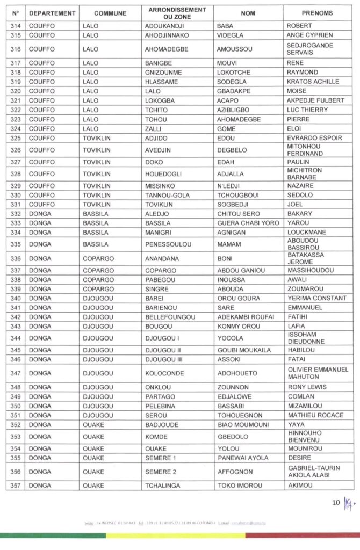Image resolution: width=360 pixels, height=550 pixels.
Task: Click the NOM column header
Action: (248, 13)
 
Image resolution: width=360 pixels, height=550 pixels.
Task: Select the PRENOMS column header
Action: (317, 13)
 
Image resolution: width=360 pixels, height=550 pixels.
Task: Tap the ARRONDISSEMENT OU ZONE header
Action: (177, 13)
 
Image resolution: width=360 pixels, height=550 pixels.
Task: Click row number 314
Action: (15, 26)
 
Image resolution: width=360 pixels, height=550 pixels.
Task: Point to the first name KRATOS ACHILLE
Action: (313, 82)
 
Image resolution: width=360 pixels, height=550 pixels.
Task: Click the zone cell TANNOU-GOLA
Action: (167, 196)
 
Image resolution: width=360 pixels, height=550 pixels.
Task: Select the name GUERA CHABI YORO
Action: (248, 223)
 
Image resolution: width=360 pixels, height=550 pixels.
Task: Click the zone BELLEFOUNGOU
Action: (170, 317)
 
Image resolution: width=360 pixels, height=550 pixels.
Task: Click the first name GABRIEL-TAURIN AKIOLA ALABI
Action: (314, 472)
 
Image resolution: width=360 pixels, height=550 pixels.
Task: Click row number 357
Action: (15, 486)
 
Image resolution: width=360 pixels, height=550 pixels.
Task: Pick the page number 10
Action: (336, 503)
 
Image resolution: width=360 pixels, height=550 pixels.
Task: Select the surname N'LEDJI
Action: (228, 186)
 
